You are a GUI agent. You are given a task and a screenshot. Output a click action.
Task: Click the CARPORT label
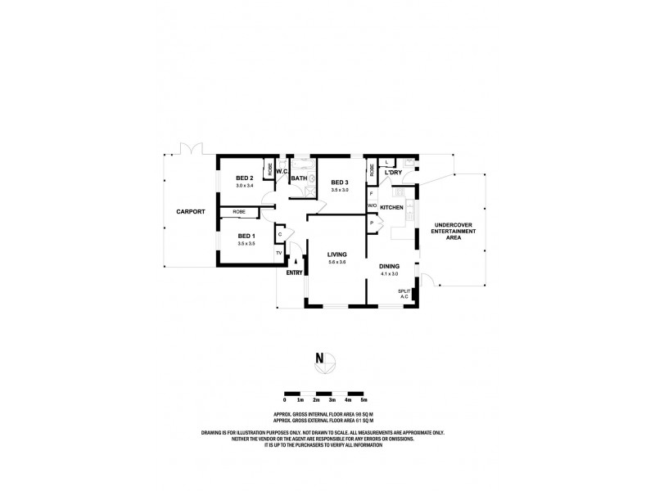[x=190, y=212]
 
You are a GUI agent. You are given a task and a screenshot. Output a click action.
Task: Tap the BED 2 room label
[x=245, y=178]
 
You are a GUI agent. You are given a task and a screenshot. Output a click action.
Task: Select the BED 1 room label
[x=246, y=236]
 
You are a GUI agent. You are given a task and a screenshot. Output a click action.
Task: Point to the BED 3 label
[x=339, y=182]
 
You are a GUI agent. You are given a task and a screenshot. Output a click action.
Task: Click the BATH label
[x=299, y=178]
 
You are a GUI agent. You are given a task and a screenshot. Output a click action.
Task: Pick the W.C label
[x=281, y=172]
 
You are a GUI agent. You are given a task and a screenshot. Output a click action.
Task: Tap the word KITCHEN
[x=392, y=208]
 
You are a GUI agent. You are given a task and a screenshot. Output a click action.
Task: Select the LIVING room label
[x=337, y=255]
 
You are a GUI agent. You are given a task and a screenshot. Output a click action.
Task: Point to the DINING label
[x=390, y=266]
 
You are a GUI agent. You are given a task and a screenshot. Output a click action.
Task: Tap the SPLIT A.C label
[x=404, y=293]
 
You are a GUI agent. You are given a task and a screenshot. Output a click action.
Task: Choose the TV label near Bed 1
[x=278, y=253]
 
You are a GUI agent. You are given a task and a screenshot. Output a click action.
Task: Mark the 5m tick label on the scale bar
[x=364, y=399]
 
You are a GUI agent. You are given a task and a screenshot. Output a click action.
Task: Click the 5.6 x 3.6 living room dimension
[x=337, y=262]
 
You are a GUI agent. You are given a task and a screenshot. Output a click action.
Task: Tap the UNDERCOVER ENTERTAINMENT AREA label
[x=453, y=232]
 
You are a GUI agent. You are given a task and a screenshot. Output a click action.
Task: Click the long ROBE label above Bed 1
[x=239, y=212]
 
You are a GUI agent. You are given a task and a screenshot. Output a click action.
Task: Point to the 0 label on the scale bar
[x=285, y=399]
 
